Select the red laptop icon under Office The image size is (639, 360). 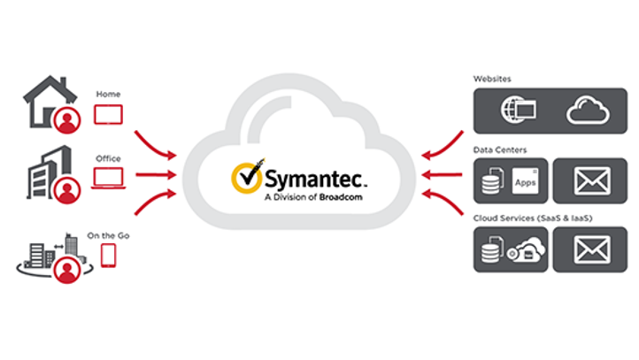(108, 179)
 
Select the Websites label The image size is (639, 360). (492, 79)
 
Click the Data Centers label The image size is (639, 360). (498, 151)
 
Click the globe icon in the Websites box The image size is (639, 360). (517, 111)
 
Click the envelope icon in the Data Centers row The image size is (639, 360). (592, 181)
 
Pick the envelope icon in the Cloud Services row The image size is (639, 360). (592, 249)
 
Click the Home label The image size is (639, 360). (108, 94)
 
